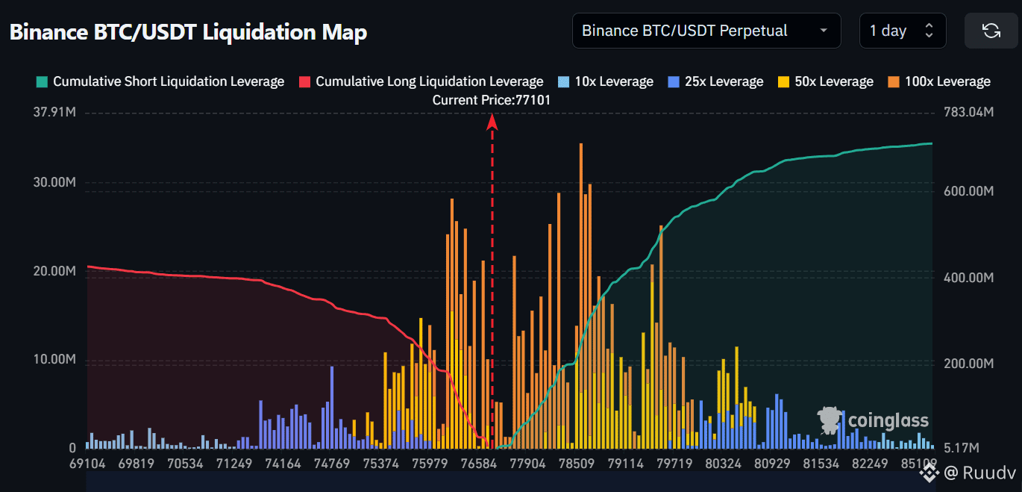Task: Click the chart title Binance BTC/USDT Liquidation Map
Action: pyautogui.click(x=188, y=32)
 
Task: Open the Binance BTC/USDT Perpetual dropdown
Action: pyautogui.click(x=706, y=31)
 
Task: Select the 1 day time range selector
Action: pyautogui.click(x=903, y=31)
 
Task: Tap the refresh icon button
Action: pyautogui.click(x=991, y=31)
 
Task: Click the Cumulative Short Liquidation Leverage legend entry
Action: pyautogui.click(x=160, y=81)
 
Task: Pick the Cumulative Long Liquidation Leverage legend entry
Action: pyautogui.click(x=421, y=81)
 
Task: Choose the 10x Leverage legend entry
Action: pyautogui.click(x=606, y=81)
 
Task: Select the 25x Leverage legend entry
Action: pyautogui.click(x=716, y=81)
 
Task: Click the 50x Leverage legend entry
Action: pyautogui.click(x=826, y=81)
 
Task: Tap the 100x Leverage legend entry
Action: pyautogui.click(x=939, y=81)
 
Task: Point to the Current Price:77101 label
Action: pyautogui.click(x=492, y=100)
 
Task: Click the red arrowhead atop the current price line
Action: pyautogui.click(x=492, y=122)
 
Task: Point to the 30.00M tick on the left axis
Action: pyautogui.click(x=54, y=182)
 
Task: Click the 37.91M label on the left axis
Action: pyautogui.click(x=54, y=112)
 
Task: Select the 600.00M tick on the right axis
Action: pyautogui.click(x=968, y=191)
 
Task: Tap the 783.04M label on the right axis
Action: pyautogui.click(x=968, y=112)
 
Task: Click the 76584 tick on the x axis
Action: pyautogui.click(x=479, y=464)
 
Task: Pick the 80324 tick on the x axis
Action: pyautogui.click(x=723, y=464)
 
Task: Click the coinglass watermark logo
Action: pyautogui.click(x=873, y=420)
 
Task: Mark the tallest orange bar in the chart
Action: pyautogui.click(x=581, y=296)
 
